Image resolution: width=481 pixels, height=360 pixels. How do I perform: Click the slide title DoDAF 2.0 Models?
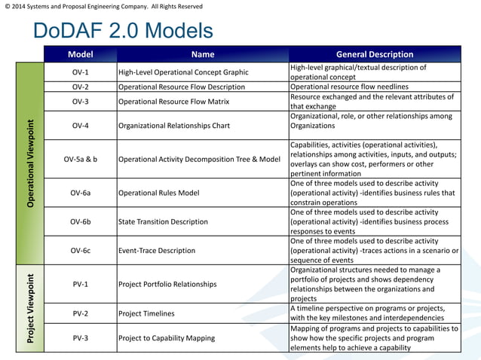click(x=123, y=32)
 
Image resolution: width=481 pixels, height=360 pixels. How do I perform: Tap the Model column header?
click(x=81, y=54)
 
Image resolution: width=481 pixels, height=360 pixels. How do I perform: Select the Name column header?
click(x=203, y=54)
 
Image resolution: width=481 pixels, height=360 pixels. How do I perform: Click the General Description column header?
click(x=374, y=54)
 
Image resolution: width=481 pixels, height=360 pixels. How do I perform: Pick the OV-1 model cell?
click(x=81, y=72)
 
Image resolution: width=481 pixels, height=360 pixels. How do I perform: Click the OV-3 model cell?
click(x=81, y=102)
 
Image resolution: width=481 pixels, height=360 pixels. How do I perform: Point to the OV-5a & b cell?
click(x=81, y=159)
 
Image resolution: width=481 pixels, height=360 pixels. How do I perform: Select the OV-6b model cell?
click(x=81, y=221)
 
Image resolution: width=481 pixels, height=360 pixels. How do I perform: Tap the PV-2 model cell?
click(x=81, y=313)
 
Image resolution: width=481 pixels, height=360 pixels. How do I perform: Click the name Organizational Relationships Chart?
click(x=174, y=126)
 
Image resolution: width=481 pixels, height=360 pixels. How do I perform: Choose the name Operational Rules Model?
click(x=159, y=193)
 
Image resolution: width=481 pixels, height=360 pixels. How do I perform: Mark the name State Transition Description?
click(x=163, y=221)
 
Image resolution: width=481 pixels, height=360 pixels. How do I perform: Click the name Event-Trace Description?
click(x=157, y=250)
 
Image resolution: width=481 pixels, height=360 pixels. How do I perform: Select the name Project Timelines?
click(x=146, y=313)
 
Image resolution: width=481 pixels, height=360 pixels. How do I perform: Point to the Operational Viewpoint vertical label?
click(x=30, y=163)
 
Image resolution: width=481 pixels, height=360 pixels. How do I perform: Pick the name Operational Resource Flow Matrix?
click(x=174, y=102)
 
